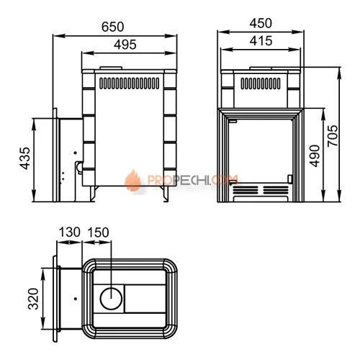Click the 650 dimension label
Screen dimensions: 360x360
pos(112,27)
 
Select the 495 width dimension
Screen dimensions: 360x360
pos(125,45)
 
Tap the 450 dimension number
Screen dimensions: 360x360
pos(261,23)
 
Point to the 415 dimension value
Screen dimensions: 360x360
pos(261,41)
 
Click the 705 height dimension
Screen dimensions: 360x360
pos(333,135)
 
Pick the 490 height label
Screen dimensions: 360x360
pos(315,156)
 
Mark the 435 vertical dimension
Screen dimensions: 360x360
pos(25,158)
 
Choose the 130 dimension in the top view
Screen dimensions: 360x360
pos(70,232)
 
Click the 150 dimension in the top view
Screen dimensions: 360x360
pos(98,232)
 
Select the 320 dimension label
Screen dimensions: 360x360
pos(33,299)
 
